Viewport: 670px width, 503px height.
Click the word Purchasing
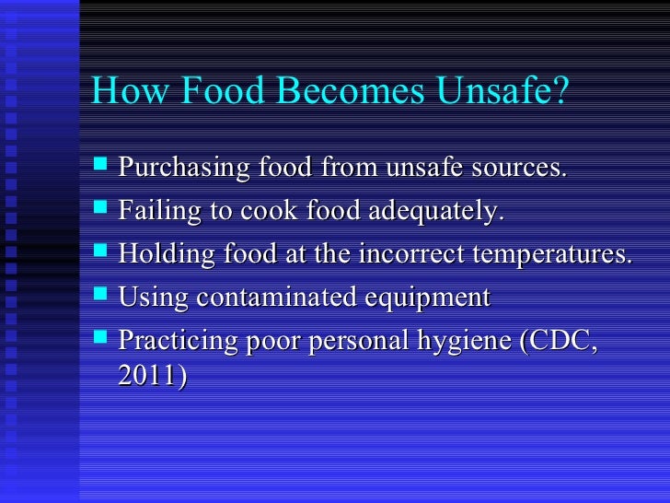181,170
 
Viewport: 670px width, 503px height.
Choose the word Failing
154,212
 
